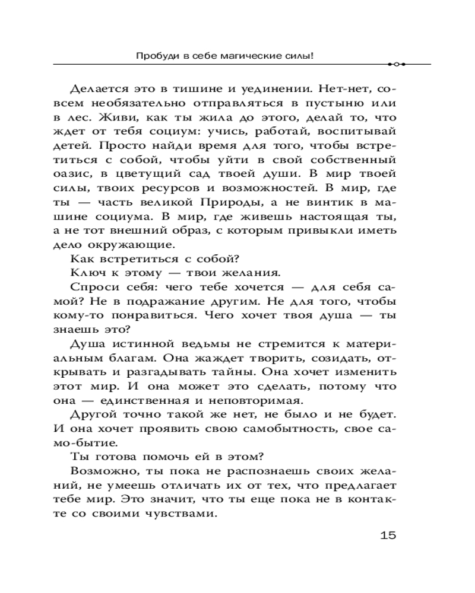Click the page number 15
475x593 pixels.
coord(387,535)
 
